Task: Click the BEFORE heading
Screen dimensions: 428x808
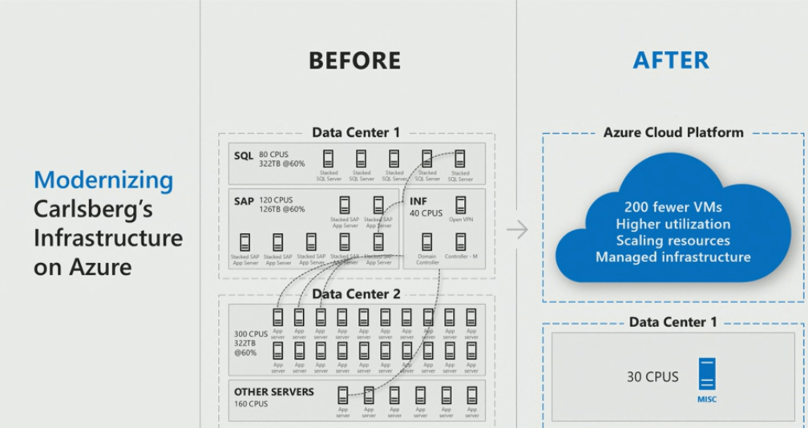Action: pyautogui.click(x=354, y=60)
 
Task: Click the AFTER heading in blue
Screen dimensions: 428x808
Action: pyautogui.click(x=671, y=60)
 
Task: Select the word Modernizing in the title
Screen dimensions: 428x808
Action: pyautogui.click(x=103, y=180)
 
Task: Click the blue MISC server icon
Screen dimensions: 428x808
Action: pyautogui.click(x=707, y=373)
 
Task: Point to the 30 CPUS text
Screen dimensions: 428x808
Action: pyautogui.click(x=652, y=376)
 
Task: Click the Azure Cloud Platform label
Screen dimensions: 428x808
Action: pyautogui.click(x=673, y=132)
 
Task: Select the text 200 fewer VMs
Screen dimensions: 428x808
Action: pyautogui.click(x=673, y=206)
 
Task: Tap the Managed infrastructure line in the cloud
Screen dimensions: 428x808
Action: pyautogui.click(x=673, y=257)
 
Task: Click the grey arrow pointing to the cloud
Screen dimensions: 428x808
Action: pyautogui.click(x=518, y=230)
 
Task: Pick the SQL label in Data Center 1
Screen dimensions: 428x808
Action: pyautogui.click(x=243, y=155)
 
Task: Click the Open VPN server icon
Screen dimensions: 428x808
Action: pyautogui.click(x=461, y=204)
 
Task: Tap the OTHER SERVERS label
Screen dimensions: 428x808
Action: pyautogui.click(x=274, y=392)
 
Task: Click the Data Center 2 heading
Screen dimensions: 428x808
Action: pyautogui.click(x=356, y=294)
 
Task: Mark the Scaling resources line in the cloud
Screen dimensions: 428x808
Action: pyautogui.click(x=673, y=240)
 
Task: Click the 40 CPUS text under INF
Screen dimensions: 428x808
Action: pyautogui.click(x=426, y=213)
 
